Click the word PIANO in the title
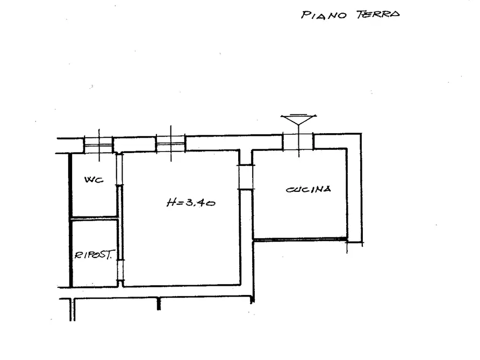tap(324, 15)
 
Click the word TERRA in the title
tap(378, 14)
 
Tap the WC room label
tap(94, 179)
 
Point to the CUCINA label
tap(309, 189)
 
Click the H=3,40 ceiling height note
tap(191, 203)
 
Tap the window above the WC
tap(98, 145)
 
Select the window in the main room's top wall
tap(171, 143)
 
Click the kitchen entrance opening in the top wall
tap(298, 141)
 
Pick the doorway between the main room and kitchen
tap(246, 177)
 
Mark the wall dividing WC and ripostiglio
tap(94, 218)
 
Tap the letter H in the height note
tap(171, 202)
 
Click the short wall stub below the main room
tap(159, 304)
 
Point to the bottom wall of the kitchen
tap(300, 239)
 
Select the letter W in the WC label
tap(89, 179)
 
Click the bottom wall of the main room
tap(182, 286)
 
